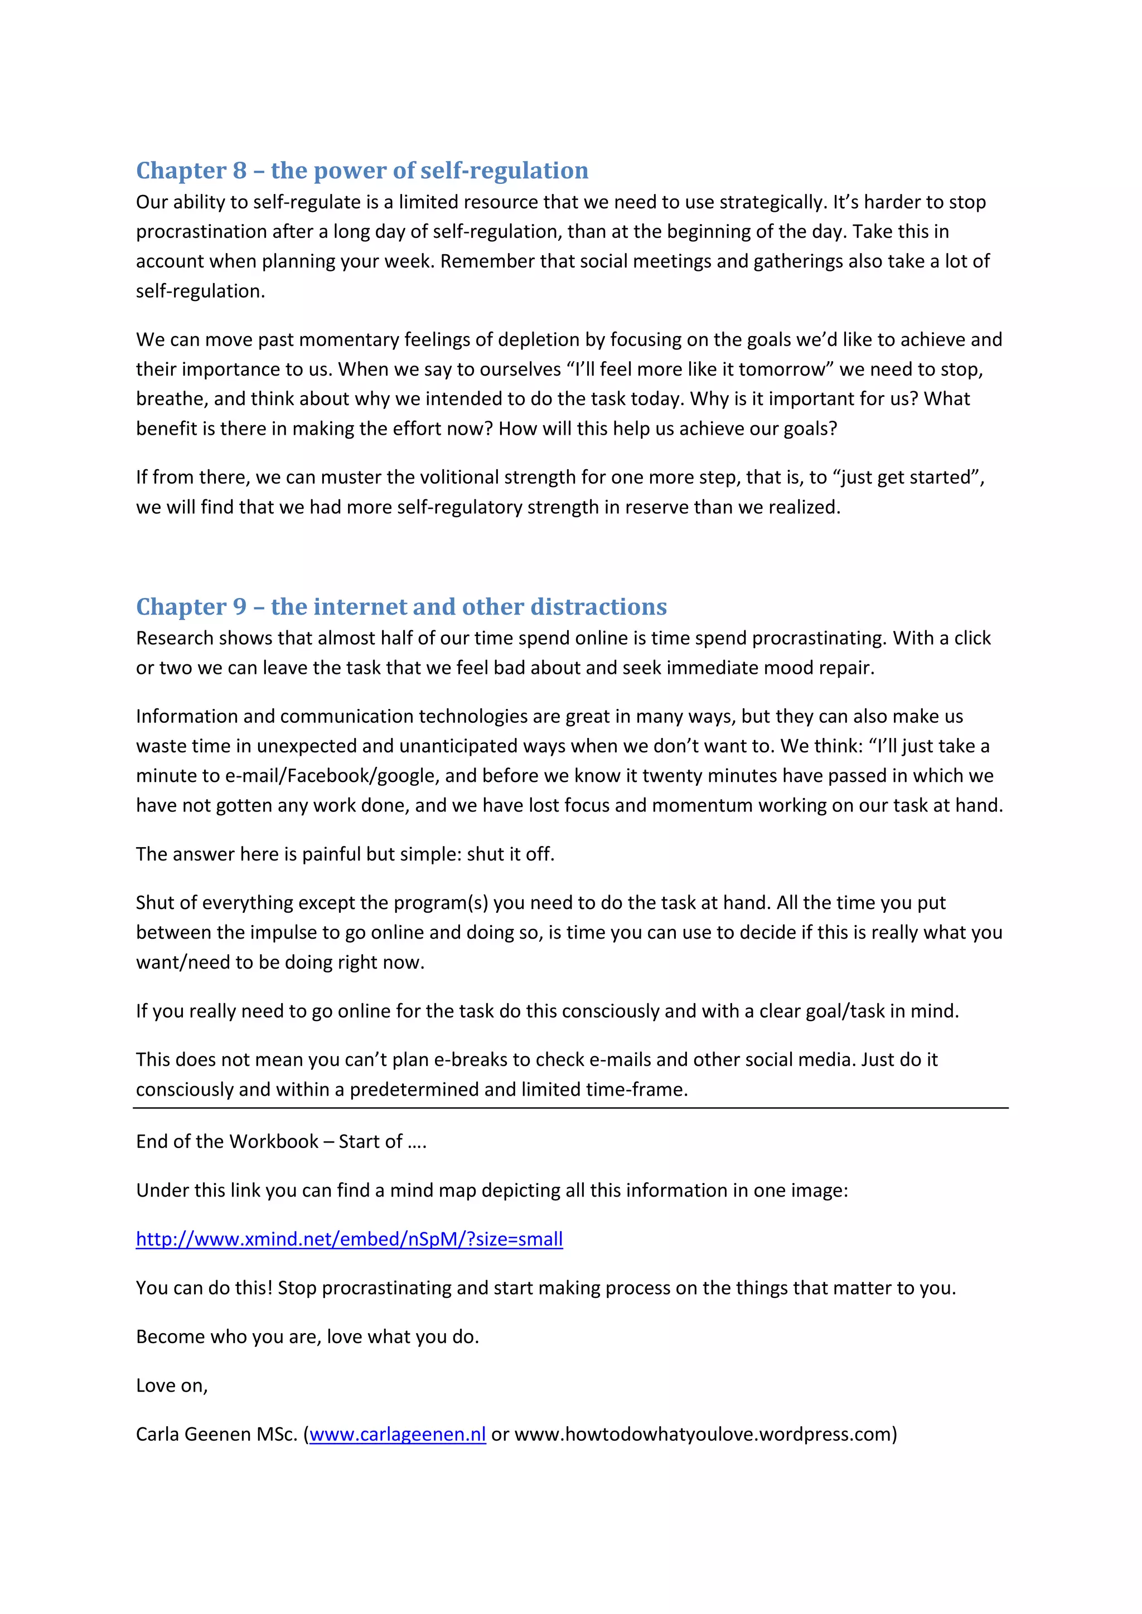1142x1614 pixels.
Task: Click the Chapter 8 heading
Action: (362, 171)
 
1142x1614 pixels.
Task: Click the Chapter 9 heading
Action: (401, 607)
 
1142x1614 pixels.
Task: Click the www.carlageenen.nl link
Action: (398, 1434)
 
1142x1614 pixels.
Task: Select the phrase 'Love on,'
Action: (172, 1385)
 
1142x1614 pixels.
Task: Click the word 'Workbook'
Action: (274, 1141)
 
